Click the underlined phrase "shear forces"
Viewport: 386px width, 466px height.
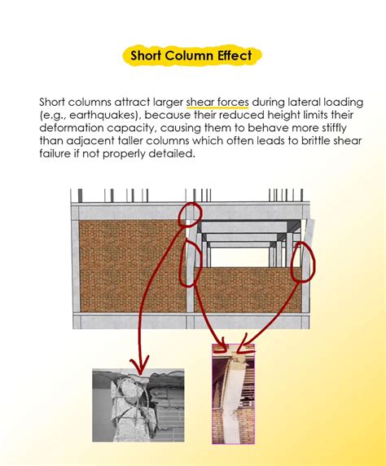pos(217,102)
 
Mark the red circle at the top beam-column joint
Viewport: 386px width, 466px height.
pos(191,213)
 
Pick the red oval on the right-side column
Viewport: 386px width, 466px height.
pos(300,260)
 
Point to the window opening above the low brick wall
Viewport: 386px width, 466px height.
pos(244,253)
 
